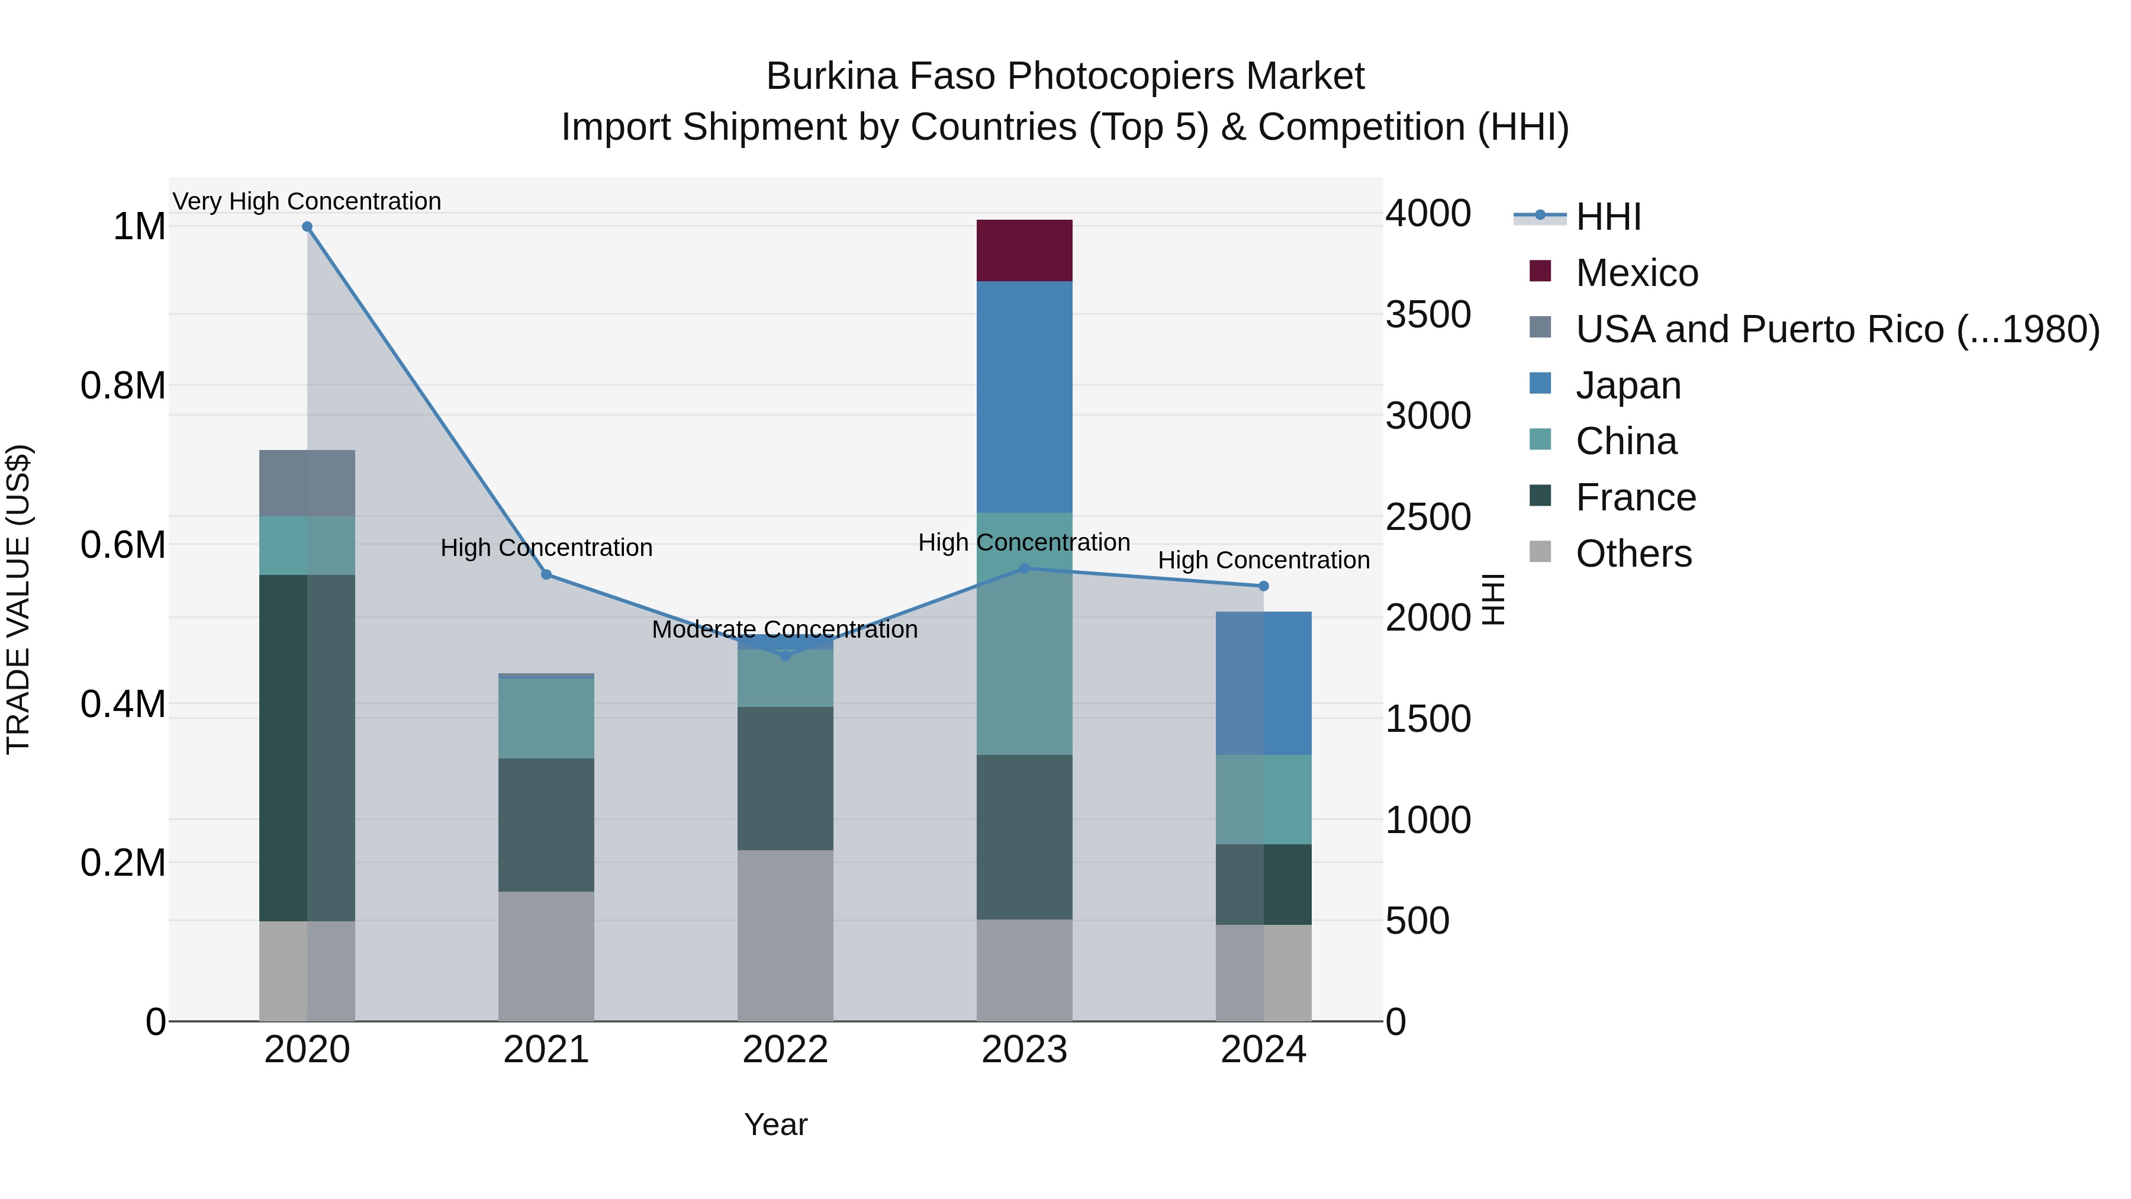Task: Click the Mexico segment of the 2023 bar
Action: pyautogui.click(x=1024, y=250)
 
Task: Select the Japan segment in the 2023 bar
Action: pyautogui.click(x=1024, y=397)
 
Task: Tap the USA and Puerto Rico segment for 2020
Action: pyautogui.click(x=307, y=483)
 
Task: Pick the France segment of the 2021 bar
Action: pyautogui.click(x=546, y=825)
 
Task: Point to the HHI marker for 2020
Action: pyautogui.click(x=307, y=227)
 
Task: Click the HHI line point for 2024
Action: pyautogui.click(x=1263, y=586)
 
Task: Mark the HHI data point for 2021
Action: pyautogui.click(x=546, y=574)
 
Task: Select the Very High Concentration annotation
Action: pyautogui.click(x=307, y=201)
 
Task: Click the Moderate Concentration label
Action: pyautogui.click(x=785, y=630)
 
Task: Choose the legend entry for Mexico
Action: pyautogui.click(x=1636, y=273)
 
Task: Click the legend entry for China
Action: pyautogui.click(x=1625, y=441)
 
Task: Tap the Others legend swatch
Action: pyautogui.click(x=1540, y=552)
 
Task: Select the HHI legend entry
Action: pyautogui.click(x=1607, y=217)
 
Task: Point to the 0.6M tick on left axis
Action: pyautogui.click(x=123, y=545)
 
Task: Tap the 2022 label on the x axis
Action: pyautogui.click(x=785, y=1050)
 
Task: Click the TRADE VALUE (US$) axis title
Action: pyautogui.click(x=18, y=599)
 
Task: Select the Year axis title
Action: pyautogui.click(x=775, y=1124)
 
